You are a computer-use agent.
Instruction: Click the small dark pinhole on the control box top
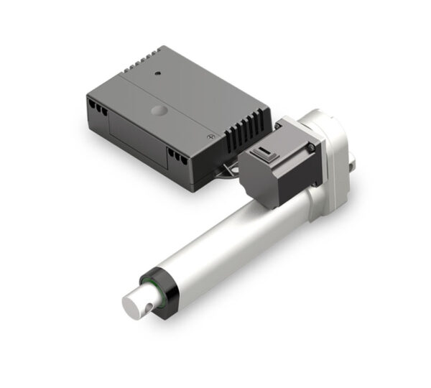coord(156,73)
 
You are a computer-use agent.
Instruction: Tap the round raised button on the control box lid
coord(158,112)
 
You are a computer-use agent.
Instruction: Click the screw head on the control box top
coord(210,135)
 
